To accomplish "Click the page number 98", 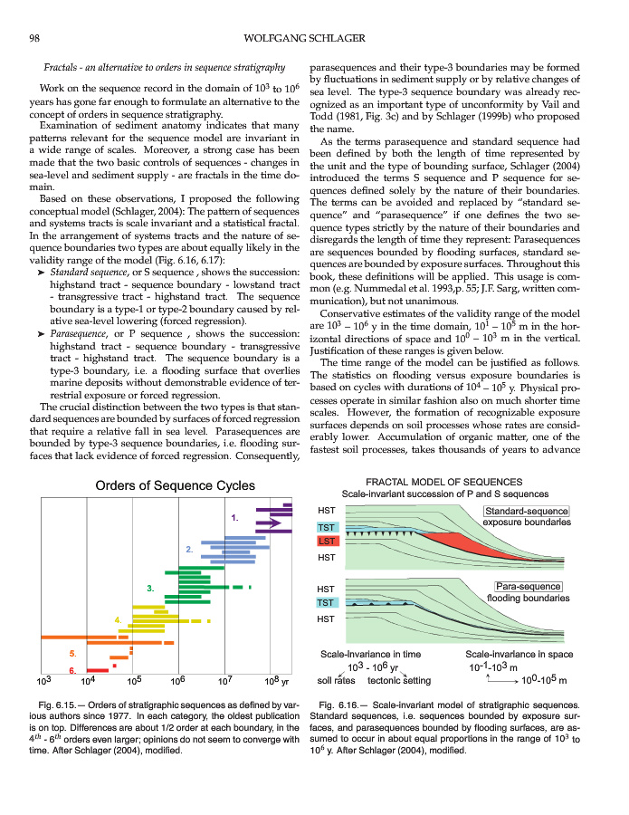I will [x=33, y=37].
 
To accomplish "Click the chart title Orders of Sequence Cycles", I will [x=175, y=486].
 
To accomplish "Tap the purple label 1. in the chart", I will [x=234, y=519].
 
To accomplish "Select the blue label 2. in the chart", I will [x=189, y=550].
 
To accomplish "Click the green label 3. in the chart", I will [x=150, y=590].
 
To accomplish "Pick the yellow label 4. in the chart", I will [x=118, y=619].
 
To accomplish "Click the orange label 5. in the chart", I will [x=72, y=653].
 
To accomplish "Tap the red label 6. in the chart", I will [x=72, y=670].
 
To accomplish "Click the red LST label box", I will [x=327, y=542].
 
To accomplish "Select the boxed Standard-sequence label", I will [x=526, y=512].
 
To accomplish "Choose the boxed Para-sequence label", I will [x=529, y=586].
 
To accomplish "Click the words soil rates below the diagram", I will [x=336, y=680].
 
